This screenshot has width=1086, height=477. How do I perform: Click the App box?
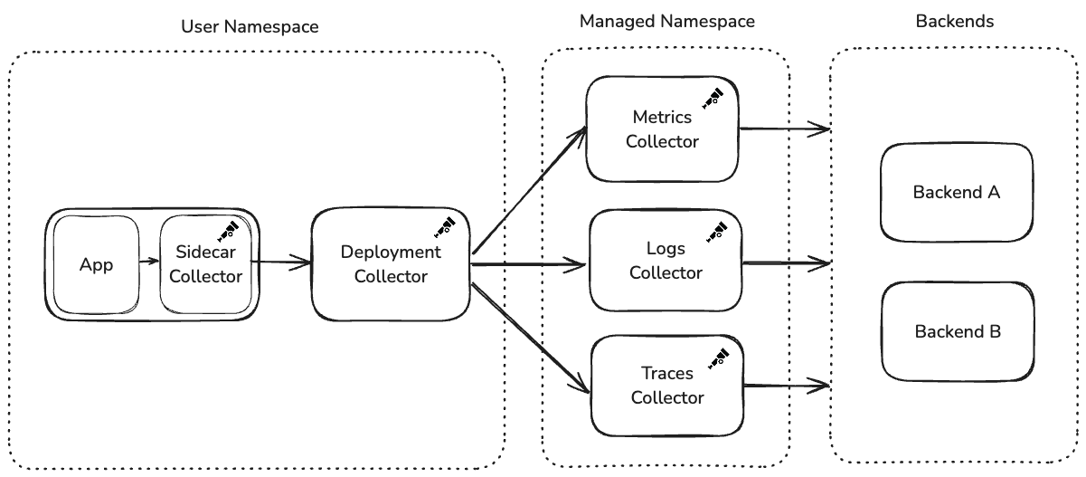click(x=97, y=265)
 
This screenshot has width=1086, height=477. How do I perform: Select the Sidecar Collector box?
click(x=205, y=266)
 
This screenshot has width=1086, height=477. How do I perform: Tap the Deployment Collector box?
click(x=391, y=264)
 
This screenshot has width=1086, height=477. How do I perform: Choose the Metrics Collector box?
click(x=662, y=129)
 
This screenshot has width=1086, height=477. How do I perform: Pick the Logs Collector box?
click(x=665, y=261)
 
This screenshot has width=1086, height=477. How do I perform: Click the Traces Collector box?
click(x=666, y=385)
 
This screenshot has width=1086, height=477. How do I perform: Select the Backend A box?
click(x=956, y=192)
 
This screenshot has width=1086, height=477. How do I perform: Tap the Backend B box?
click(x=957, y=331)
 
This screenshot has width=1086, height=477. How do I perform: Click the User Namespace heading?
click(x=250, y=27)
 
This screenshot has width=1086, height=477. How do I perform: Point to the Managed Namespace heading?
click(x=666, y=21)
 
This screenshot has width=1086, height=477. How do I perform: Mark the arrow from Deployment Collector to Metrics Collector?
click(x=529, y=191)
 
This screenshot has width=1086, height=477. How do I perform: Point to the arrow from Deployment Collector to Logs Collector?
click(x=529, y=265)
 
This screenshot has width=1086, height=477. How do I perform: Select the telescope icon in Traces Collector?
click(x=718, y=358)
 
